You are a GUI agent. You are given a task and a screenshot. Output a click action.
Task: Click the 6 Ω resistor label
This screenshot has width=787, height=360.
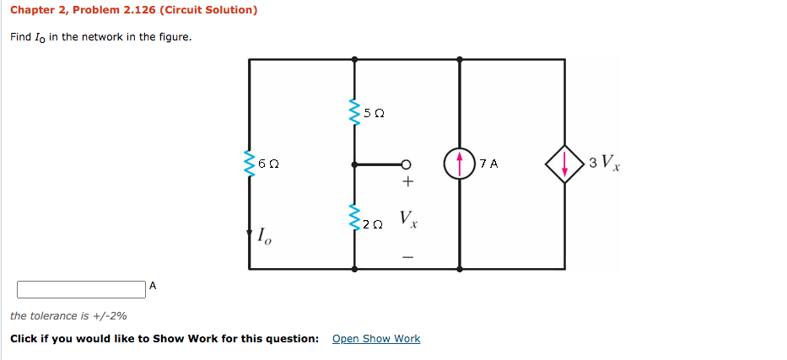click(267, 164)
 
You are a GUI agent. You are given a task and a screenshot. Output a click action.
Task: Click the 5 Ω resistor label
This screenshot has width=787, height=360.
click(373, 112)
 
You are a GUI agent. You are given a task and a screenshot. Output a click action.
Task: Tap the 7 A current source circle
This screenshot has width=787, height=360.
click(459, 164)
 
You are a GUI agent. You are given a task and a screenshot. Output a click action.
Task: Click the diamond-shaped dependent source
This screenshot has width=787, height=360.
click(564, 164)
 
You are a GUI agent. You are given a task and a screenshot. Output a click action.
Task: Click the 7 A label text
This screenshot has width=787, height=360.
click(488, 164)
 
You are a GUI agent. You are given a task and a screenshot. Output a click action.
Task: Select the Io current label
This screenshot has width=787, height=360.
click(264, 238)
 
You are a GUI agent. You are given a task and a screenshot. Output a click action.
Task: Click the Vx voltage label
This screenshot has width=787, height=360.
click(407, 221)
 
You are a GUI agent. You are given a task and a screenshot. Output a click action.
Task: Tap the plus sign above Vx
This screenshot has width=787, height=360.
click(407, 181)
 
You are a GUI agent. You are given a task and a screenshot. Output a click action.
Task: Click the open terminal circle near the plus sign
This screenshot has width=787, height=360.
click(406, 164)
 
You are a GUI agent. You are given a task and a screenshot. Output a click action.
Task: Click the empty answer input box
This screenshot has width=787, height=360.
click(81, 289)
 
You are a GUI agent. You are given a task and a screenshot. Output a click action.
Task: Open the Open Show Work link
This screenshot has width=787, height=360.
click(376, 339)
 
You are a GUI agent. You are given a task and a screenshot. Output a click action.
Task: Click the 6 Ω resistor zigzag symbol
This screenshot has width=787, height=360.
click(250, 164)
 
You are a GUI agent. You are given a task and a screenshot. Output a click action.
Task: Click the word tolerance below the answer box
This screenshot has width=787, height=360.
click(54, 316)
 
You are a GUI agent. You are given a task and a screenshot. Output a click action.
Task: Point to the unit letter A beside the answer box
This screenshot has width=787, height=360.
click(153, 286)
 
